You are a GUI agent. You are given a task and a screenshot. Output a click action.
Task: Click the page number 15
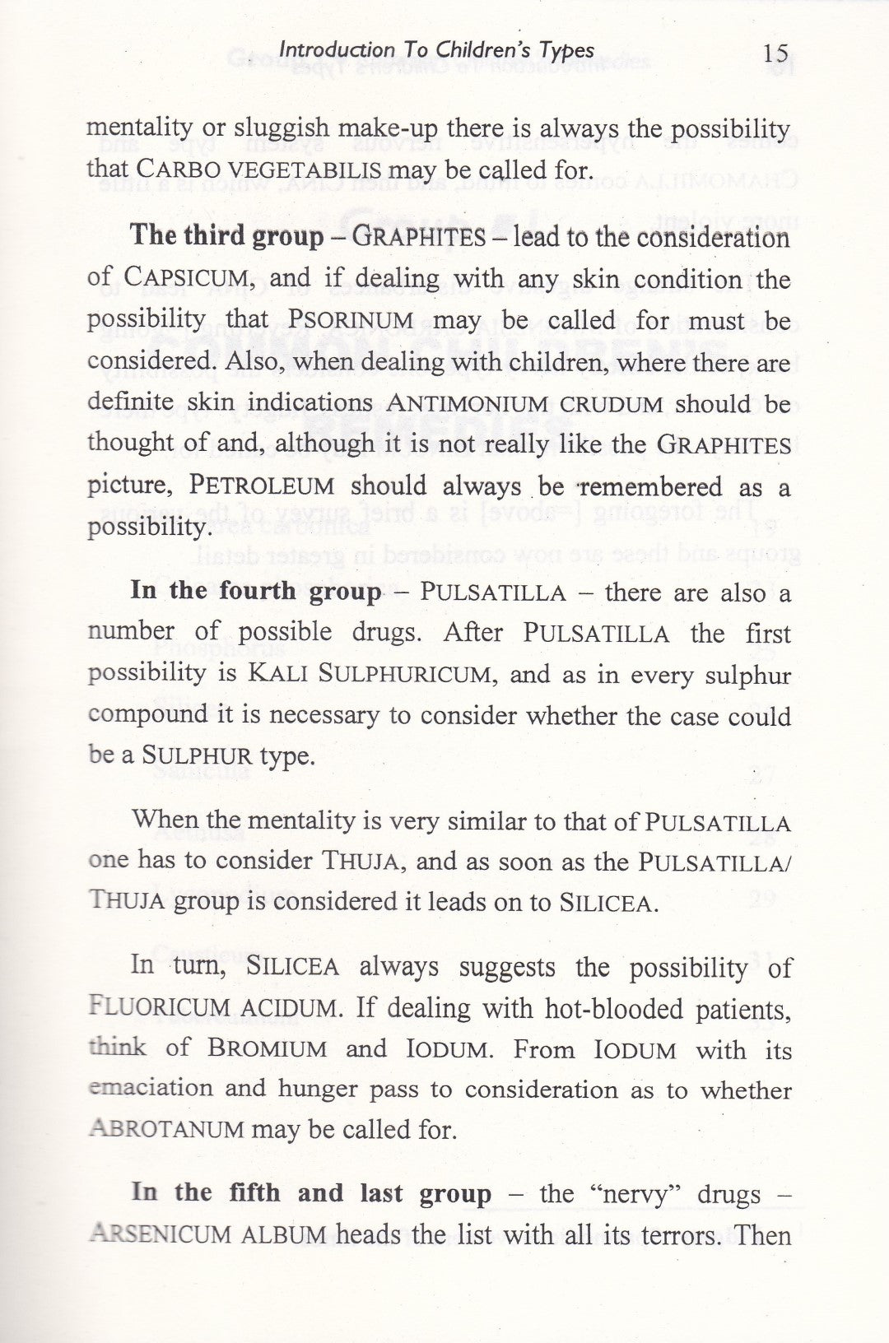(775, 54)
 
